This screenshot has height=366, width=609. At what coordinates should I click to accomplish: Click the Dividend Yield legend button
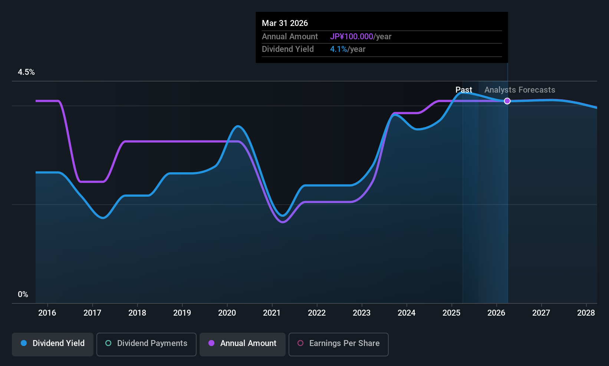tap(53, 343)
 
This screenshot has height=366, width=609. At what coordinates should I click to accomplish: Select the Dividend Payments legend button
tap(146, 343)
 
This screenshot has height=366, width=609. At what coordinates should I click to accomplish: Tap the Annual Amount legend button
tap(243, 343)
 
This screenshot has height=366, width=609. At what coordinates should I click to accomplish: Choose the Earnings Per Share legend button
tap(338, 343)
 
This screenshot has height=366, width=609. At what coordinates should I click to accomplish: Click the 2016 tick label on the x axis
tap(47, 313)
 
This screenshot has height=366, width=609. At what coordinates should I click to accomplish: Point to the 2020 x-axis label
tap(227, 313)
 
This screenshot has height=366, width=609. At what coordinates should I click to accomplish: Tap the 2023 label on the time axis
tap(362, 313)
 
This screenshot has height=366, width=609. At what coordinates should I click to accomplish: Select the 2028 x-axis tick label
tap(586, 313)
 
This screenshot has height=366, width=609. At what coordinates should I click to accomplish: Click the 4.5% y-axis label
tap(26, 72)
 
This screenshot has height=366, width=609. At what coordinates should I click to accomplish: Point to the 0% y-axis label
tap(23, 295)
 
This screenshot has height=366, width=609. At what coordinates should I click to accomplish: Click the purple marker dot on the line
tap(507, 101)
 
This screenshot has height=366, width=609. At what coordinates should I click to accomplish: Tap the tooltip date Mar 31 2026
tap(285, 23)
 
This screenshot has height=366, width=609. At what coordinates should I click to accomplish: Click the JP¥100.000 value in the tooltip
tap(352, 37)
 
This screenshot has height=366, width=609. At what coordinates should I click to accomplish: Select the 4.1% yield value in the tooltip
tap(338, 49)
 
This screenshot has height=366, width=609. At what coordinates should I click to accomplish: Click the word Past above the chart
tap(464, 90)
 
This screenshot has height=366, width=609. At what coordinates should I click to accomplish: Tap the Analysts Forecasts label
tap(520, 90)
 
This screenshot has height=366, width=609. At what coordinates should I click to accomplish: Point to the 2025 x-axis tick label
tap(451, 313)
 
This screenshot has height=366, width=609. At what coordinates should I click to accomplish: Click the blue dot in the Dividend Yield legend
tap(24, 343)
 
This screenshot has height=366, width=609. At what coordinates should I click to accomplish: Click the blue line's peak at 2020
tap(238, 126)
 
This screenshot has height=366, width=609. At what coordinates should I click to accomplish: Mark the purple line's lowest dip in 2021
tap(283, 222)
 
